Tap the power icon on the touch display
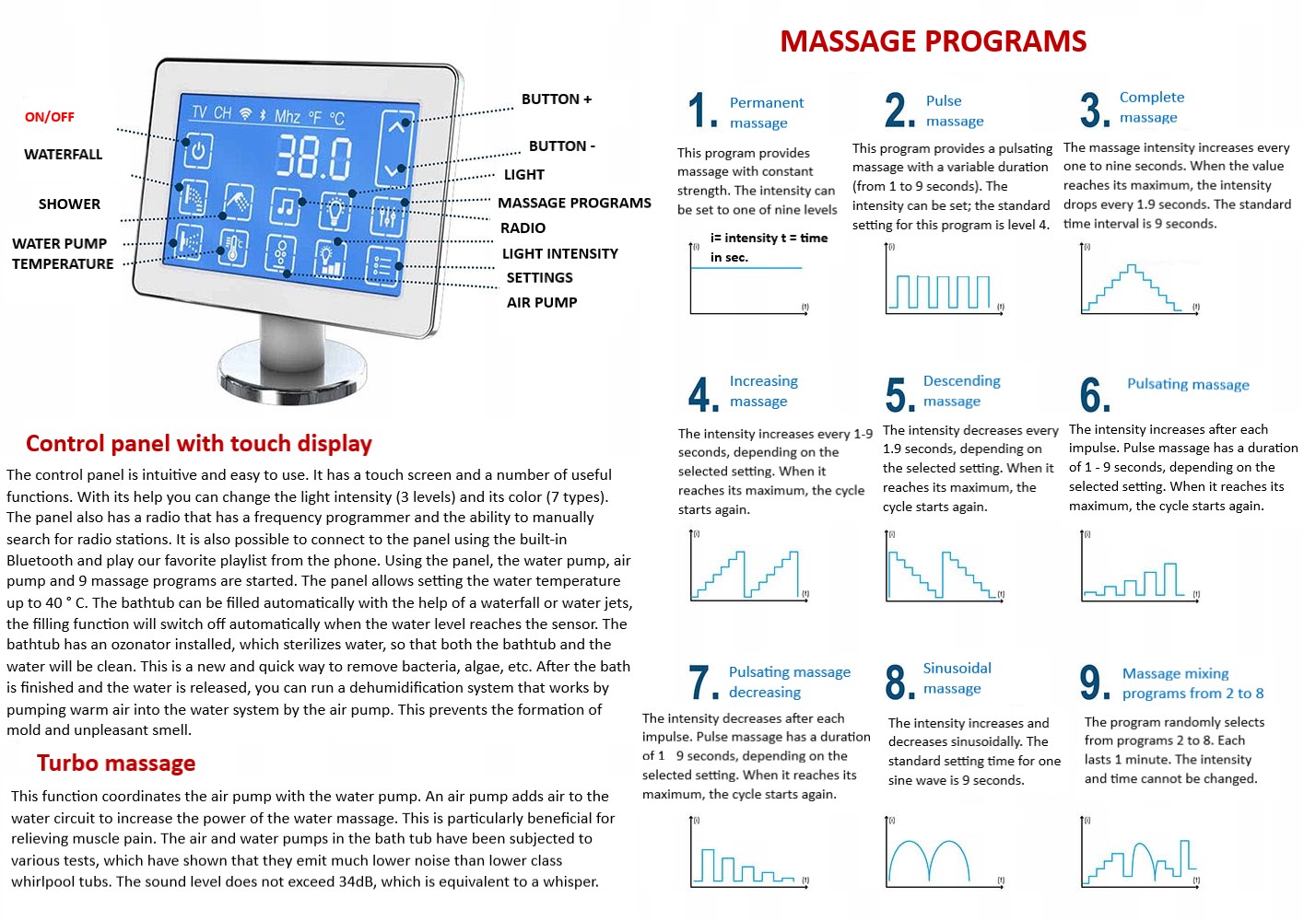coord(197,150)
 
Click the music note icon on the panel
coord(286,208)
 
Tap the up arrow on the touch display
coord(396,127)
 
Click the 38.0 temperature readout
coord(313,157)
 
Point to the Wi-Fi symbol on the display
coord(245,113)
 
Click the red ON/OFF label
coord(50,117)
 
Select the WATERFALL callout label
coord(64,155)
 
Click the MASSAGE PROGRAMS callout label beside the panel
coord(574,203)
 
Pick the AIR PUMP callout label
coord(542,302)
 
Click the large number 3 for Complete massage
coord(1094,110)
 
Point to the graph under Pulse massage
coord(943,281)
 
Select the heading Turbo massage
coord(116,763)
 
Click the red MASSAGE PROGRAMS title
coord(933,41)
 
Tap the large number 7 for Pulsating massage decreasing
coord(703,682)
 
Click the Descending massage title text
coord(960,391)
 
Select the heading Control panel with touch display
coord(199,443)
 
